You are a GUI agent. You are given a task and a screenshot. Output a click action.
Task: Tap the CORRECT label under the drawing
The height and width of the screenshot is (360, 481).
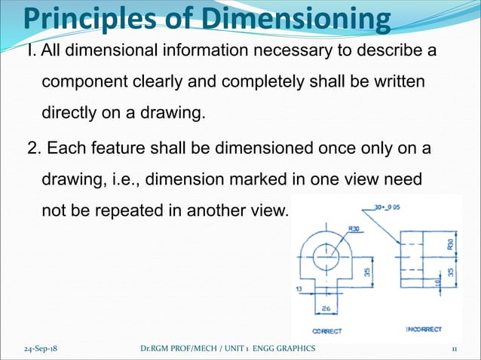(x=326, y=331)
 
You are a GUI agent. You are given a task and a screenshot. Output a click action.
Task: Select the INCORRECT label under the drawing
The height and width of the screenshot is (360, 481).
(x=423, y=329)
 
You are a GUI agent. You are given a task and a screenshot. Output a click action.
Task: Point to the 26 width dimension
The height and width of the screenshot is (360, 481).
(x=326, y=308)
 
